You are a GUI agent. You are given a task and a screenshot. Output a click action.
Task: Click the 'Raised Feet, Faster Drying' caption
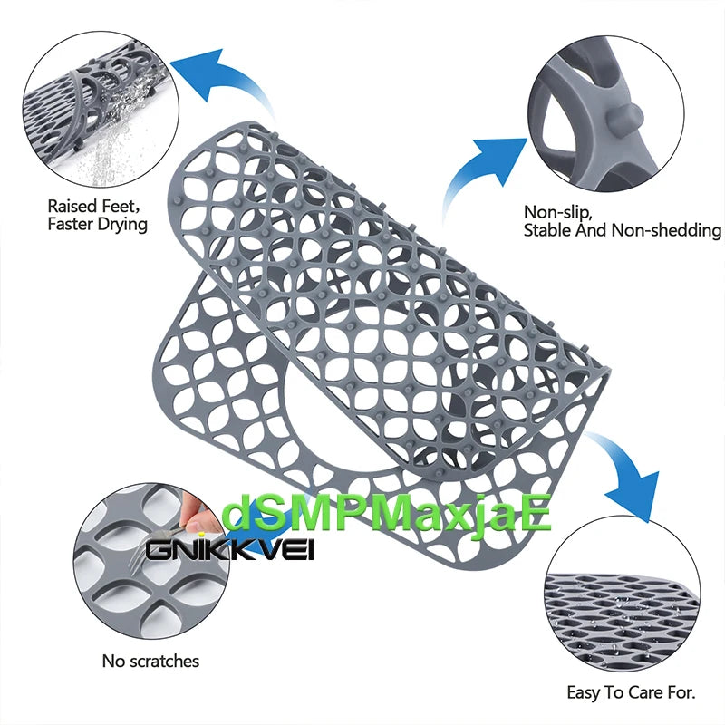pyautogui.click(x=97, y=215)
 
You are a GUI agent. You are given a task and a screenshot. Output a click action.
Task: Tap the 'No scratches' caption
pyautogui.click(x=150, y=662)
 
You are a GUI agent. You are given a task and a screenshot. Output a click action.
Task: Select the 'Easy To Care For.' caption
pyautogui.click(x=631, y=693)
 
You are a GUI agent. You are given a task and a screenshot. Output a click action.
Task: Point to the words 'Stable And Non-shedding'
pyautogui.click(x=622, y=230)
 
